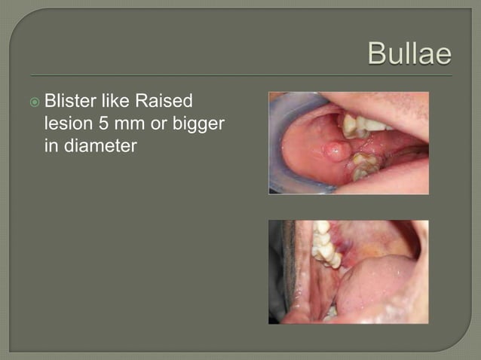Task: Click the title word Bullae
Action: point(409,54)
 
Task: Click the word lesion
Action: point(67,124)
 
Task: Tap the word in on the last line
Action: point(51,145)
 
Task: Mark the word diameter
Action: point(99,145)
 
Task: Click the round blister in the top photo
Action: point(335,151)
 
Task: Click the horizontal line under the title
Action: point(241,75)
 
